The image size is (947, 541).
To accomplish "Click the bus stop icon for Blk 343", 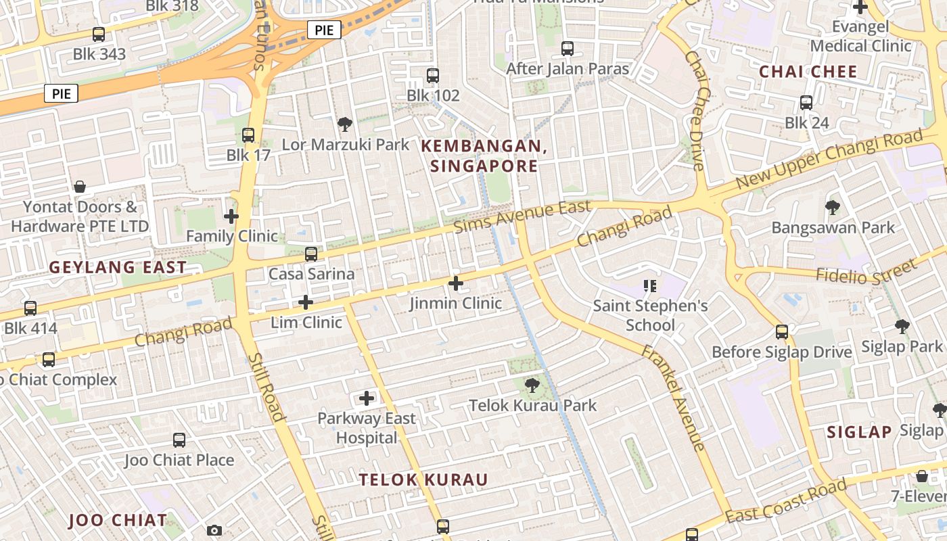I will click(99, 34).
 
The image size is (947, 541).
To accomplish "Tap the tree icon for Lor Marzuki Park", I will click(345, 124).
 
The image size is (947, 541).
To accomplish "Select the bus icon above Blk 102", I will click(433, 76).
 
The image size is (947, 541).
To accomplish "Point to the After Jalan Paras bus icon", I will click(568, 49).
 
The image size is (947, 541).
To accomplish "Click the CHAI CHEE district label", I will click(808, 72).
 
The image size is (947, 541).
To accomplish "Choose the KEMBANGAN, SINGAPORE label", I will click(484, 156).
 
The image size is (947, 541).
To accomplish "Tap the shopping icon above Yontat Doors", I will click(80, 187).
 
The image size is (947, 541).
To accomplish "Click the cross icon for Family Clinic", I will click(231, 216).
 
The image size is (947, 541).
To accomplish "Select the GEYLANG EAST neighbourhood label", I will click(118, 267).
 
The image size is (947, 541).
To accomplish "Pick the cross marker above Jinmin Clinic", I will click(456, 283).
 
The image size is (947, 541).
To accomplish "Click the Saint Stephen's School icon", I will click(651, 286).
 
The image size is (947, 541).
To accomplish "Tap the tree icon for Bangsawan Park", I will click(833, 208).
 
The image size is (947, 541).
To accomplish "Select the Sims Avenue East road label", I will click(522, 216).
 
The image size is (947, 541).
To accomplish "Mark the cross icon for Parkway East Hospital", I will click(367, 398).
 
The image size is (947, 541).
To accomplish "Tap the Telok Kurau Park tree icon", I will click(533, 385).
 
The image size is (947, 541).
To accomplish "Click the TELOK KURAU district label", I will click(423, 480).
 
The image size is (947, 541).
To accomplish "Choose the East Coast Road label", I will click(786, 500).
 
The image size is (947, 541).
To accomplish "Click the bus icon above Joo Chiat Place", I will click(179, 440).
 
